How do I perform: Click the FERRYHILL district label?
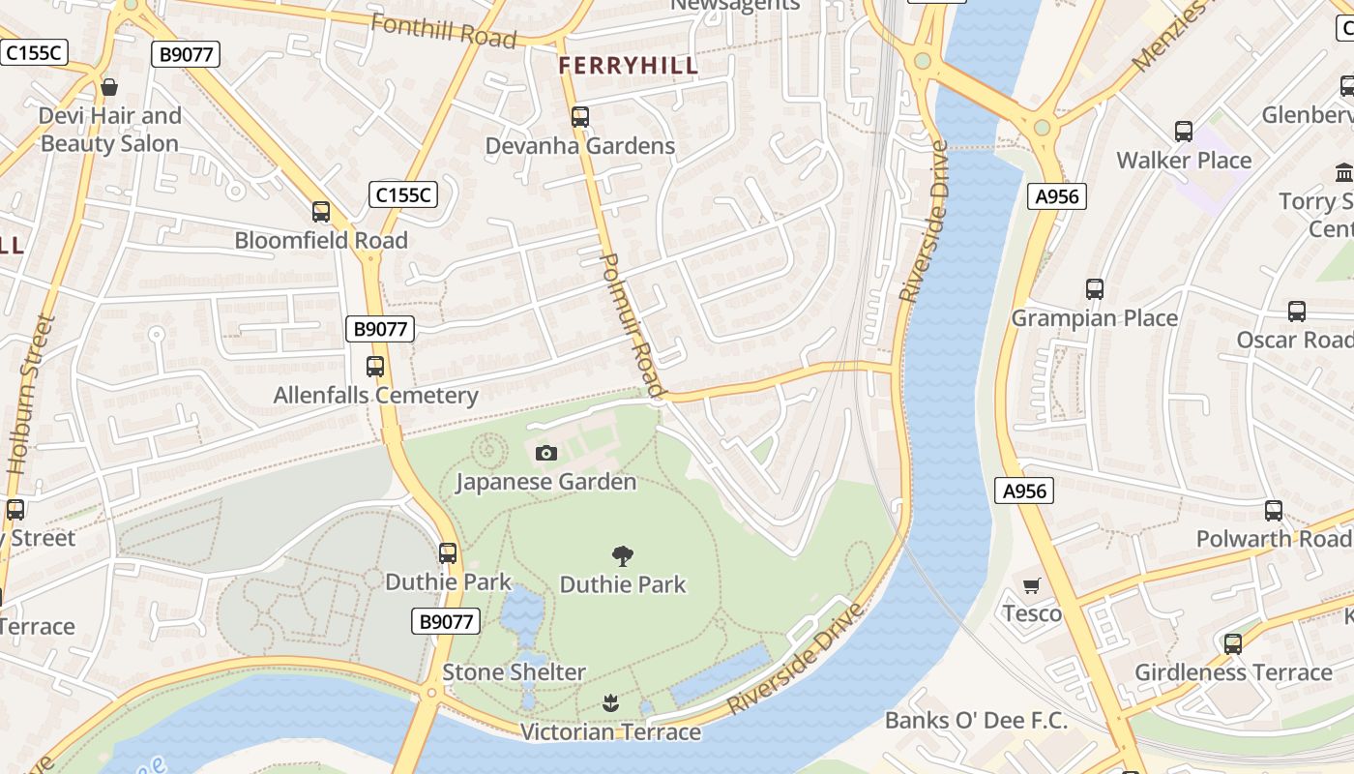(628, 66)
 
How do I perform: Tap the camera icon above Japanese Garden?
(545, 453)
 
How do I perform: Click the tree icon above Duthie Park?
(623, 555)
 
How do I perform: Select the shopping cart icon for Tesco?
(1032, 584)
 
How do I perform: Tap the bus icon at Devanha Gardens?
(579, 117)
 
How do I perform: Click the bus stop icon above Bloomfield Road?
(320, 211)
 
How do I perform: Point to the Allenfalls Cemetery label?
(375, 395)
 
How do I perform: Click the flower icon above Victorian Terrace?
(609, 702)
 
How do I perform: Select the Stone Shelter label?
(514, 671)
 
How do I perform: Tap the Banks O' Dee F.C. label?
(976, 720)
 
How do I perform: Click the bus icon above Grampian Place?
(1094, 288)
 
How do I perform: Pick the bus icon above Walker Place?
(1183, 132)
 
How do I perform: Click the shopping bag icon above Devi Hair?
(109, 87)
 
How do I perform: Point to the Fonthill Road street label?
(443, 31)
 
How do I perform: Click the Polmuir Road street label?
(633, 324)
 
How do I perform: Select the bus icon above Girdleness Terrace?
(1232, 643)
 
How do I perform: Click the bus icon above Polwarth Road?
(1273, 510)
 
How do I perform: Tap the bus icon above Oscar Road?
(1296, 312)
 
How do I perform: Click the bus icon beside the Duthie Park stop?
(447, 553)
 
